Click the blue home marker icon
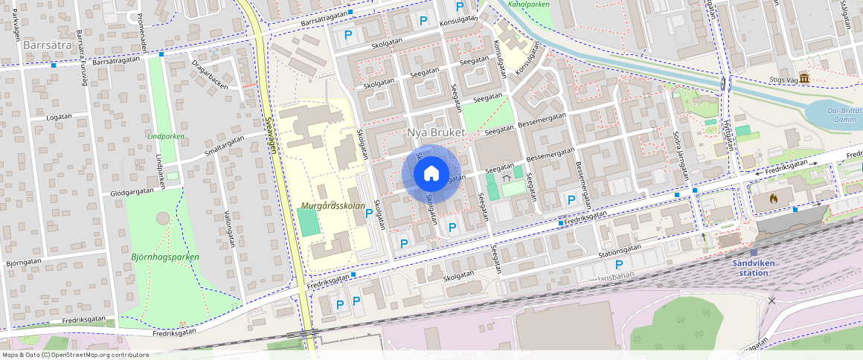(x=431, y=174)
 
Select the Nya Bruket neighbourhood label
(x=436, y=132)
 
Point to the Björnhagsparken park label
(x=165, y=257)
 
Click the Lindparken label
(x=165, y=137)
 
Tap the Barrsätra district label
(x=47, y=45)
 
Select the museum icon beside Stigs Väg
(x=803, y=79)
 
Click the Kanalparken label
(x=528, y=4)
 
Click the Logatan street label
(x=59, y=117)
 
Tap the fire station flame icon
(x=774, y=199)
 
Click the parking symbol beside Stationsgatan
(x=618, y=264)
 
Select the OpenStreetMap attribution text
(x=75, y=355)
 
